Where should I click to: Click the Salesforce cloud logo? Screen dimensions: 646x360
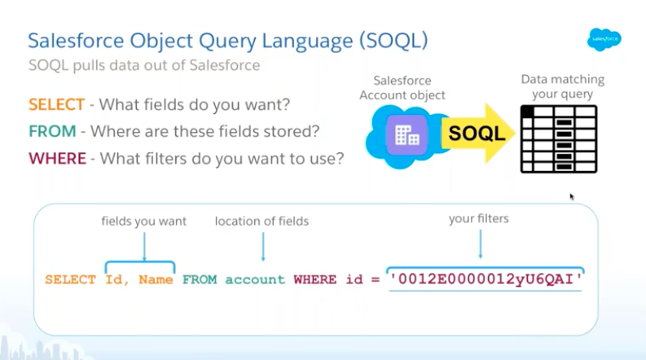coord(604,40)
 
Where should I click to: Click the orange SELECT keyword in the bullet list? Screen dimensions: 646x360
coord(56,104)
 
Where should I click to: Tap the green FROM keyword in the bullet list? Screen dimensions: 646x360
coord(52,131)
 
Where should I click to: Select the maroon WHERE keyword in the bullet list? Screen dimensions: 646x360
coord(57,159)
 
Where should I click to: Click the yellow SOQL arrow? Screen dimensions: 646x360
coord(478,133)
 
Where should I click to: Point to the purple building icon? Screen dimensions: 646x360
coord(406,134)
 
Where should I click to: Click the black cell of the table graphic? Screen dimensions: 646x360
coord(527,112)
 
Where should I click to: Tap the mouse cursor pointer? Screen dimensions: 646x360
coord(572,196)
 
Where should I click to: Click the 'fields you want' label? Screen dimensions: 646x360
coord(144,222)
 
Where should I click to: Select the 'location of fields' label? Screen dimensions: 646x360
coord(261,222)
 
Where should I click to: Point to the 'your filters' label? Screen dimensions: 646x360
coord(479,218)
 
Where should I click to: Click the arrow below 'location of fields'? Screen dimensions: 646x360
coord(263,246)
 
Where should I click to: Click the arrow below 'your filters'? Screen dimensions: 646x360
coord(481,244)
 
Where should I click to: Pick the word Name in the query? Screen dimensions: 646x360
coord(156,279)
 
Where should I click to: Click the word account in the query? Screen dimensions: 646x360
coord(255,280)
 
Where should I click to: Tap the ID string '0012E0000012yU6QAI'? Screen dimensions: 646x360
coord(486,279)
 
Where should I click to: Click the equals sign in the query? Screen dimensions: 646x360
coord(375,280)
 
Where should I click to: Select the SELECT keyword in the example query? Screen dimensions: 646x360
coord(70,279)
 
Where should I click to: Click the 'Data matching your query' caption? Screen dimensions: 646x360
coord(562,86)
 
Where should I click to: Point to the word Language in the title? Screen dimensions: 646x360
coord(307,41)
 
